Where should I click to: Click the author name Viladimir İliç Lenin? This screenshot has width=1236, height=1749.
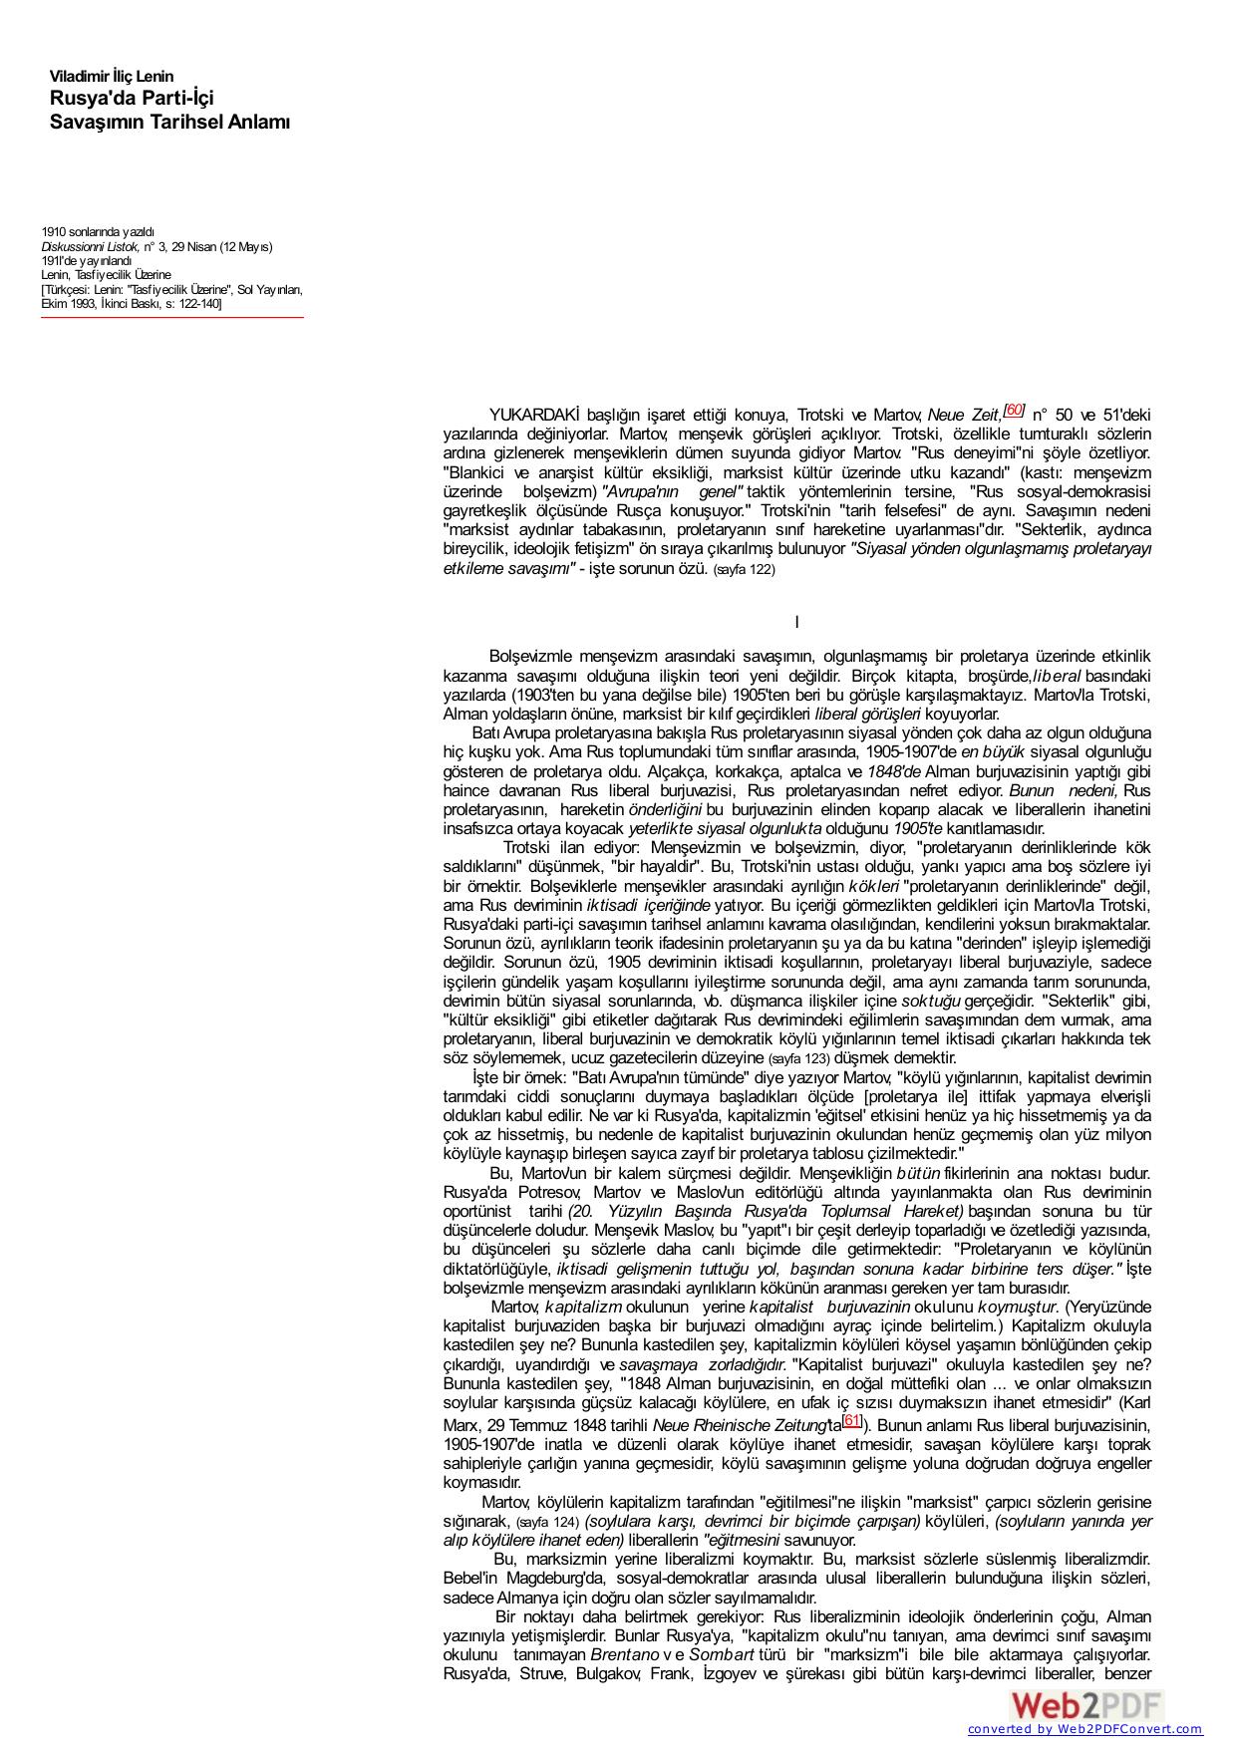[x=112, y=77]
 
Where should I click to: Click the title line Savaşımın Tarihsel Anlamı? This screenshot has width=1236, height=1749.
[x=169, y=123]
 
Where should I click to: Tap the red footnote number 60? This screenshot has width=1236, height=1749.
[x=1014, y=410]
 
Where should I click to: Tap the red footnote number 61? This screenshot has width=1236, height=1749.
[x=852, y=1420]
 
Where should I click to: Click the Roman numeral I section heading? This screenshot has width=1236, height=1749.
[x=796, y=623]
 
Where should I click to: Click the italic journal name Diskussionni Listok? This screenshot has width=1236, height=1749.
[x=90, y=246]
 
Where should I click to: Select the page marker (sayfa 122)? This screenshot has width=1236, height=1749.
[x=744, y=570]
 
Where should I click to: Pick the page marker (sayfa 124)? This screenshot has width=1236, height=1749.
[x=547, y=1523]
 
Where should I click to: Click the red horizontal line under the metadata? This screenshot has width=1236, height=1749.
[x=171, y=318]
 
